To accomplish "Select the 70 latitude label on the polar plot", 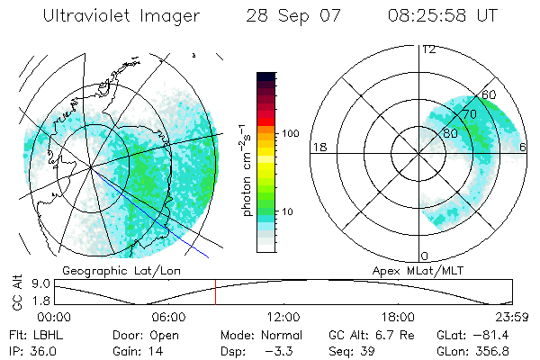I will (470, 114).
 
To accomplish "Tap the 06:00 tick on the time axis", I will (169, 317).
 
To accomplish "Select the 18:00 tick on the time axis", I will (398, 317).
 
